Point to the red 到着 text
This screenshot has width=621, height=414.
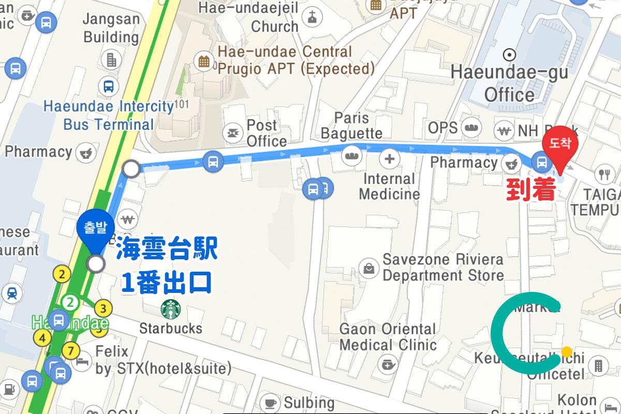click(x=530, y=190)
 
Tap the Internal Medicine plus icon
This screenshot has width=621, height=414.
click(x=390, y=158)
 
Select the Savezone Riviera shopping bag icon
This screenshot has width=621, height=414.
click(x=369, y=268)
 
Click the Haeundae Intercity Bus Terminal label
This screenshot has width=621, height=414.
click(x=109, y=115)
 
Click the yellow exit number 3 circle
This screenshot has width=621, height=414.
click(x=104, y=309)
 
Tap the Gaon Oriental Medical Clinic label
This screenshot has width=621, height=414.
click(x=388, y=336)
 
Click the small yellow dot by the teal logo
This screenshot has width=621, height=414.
click(x=567, y=352)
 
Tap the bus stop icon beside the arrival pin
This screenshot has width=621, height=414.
click(x=542, y=163)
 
